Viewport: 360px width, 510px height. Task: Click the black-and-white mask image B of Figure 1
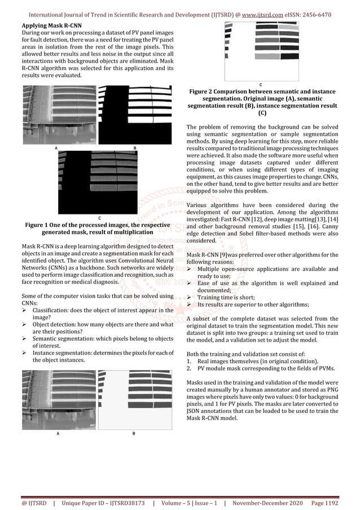pos(133,115)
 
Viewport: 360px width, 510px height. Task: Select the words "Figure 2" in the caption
pos(205,91)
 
